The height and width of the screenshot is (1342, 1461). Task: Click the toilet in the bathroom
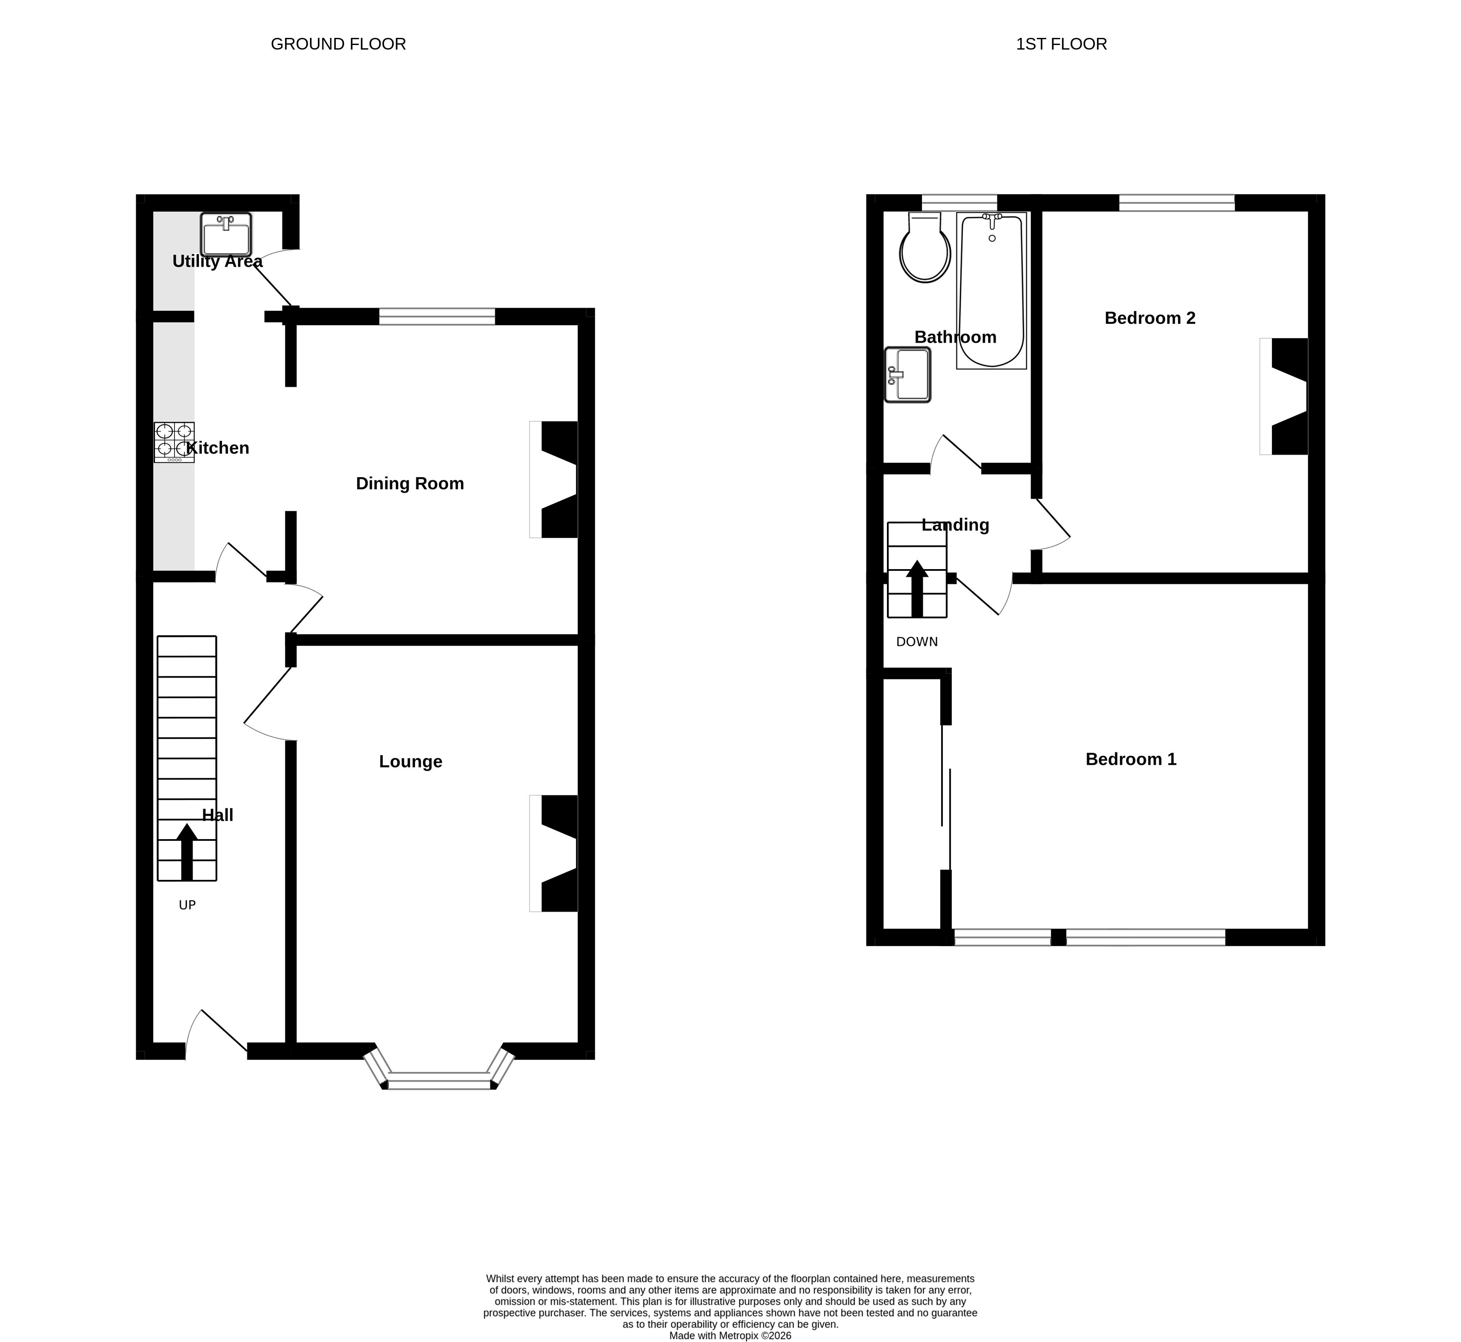tap(924, 247)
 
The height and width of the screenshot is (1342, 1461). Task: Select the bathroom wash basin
tap(908, 375)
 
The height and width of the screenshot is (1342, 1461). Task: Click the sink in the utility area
tap(226, 234)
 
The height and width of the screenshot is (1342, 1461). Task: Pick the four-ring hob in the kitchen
tap(174, 442)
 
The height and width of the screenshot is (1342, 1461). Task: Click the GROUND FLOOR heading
tap(338, 44)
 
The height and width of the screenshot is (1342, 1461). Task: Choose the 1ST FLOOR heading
tap(1061, 44)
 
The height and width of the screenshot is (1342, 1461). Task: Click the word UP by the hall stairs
tap(187, 905)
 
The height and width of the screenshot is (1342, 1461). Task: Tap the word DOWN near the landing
tap(917, 642)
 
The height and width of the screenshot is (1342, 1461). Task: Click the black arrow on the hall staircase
tap(187, 852)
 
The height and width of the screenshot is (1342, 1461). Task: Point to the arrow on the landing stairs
tap(917, 589)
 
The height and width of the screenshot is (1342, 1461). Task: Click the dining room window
tap(437, 317)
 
